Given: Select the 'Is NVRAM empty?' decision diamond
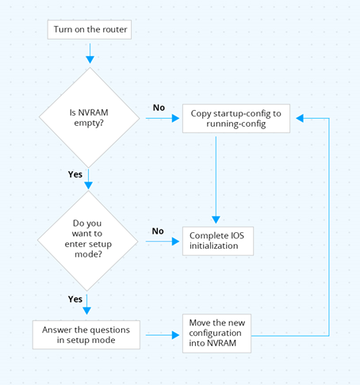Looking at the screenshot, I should pos(90,118).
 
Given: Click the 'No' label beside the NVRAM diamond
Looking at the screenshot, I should pos(158,108).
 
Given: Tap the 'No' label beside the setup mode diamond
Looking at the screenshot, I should pos(158,231).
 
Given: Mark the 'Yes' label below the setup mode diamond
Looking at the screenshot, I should pos(75,299).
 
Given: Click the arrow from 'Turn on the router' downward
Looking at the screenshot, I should pos(90,53).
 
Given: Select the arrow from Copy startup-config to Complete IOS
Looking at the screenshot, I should pos(214,178).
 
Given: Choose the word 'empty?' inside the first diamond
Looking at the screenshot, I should pos(90,124).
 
